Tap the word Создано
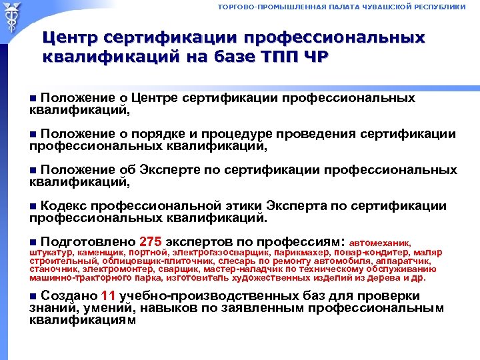point(69,295)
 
